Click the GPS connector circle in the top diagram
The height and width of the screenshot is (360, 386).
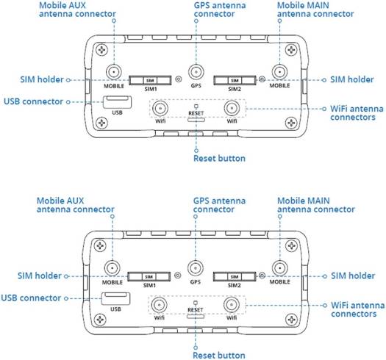click(195, 72)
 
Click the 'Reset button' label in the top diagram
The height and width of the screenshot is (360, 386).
click(218, 158)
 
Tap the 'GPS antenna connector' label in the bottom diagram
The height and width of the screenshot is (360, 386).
click(220, 205)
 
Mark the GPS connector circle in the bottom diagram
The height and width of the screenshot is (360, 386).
click(195, 269)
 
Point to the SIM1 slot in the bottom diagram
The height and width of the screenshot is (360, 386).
click(150, 276)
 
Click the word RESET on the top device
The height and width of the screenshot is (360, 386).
click(196, 114)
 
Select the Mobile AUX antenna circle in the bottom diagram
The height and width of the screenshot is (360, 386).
click(113, 268)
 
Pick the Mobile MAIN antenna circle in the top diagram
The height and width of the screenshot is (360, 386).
click(279, 71)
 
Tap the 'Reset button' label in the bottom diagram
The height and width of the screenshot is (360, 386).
click(218, 355)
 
